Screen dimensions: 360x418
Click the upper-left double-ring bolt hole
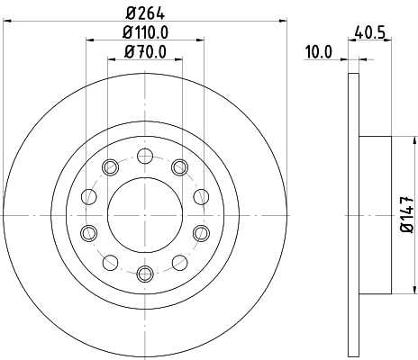coord(110,166)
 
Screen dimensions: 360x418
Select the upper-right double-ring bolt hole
coord(178,166)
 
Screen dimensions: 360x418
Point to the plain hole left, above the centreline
coord(88,196)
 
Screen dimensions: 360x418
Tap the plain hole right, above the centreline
coord(200,196)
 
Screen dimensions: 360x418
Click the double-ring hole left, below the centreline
coord(88,232)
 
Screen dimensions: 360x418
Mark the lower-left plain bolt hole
coord(110,262)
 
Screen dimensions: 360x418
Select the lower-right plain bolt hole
coord(178,262)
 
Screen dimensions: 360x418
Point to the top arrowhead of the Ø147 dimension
coord(394,140)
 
